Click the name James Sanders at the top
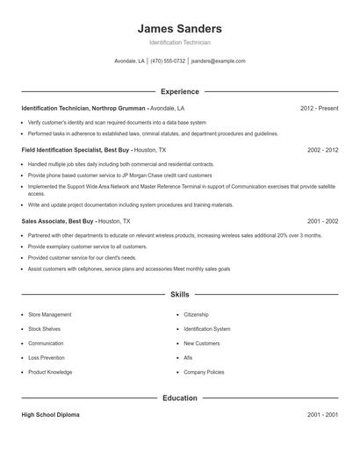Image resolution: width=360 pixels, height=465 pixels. (180, 28)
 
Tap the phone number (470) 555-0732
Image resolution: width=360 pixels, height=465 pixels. (168, 61)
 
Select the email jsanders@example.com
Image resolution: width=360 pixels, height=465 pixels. (218, 61)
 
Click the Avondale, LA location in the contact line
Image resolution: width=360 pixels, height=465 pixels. (130, 61)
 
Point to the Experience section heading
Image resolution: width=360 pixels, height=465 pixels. (180, 91)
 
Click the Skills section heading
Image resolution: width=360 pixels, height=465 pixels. (180, 296)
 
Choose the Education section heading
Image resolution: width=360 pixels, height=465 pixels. (180, 398)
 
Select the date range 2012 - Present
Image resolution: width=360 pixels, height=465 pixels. (319, 108)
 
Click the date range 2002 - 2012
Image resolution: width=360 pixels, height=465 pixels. (322, 150)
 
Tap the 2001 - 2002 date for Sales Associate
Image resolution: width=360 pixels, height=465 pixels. (322, 222)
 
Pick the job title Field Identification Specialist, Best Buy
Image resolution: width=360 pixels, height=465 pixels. (76, 150)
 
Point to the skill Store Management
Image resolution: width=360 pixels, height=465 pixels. (50, 314)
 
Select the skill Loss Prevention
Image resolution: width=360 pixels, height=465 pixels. (46, 358)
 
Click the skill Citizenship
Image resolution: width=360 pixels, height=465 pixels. (197, 314)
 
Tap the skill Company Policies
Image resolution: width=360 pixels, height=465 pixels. (204, 372)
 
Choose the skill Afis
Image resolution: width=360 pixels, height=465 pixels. (188, 358)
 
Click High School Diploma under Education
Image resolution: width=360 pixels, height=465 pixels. (50, 415)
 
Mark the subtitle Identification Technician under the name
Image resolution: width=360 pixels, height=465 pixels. (180, 42)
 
